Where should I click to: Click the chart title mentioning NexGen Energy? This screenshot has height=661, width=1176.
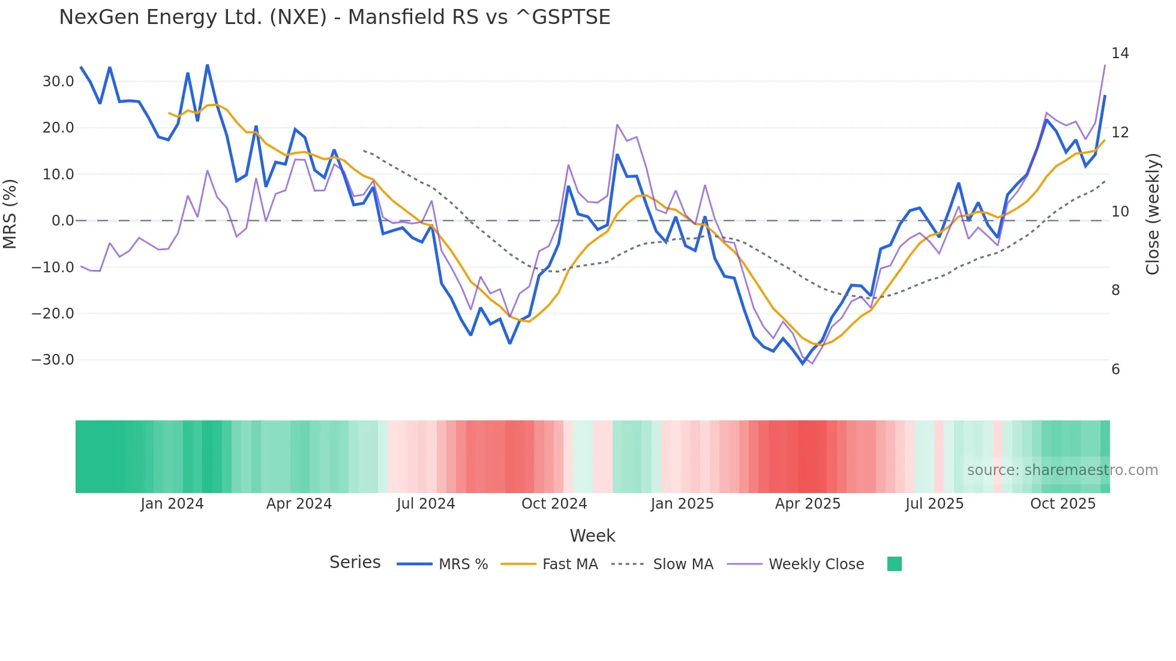pos(334,17)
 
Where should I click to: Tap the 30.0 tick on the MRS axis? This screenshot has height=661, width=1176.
pos(58,82)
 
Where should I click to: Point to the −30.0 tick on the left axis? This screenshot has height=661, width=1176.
pos(53,360)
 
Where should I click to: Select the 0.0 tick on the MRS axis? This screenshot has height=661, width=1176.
pos(62,221)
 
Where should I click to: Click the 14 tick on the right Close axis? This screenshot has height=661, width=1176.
pos(1120,53)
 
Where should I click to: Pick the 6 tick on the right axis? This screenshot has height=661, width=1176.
pos(1115,369)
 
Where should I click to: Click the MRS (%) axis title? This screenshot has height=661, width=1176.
pos(10,214)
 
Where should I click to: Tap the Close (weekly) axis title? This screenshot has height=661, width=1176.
pos(1152,214)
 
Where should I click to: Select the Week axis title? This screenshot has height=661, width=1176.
pos(592,536)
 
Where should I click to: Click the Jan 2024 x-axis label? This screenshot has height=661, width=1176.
pos(172,504)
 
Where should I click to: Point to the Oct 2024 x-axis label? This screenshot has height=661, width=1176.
pos(554,504)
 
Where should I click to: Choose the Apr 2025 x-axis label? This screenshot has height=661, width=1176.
pos(808,504)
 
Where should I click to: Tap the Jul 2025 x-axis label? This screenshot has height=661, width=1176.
pos(934,504)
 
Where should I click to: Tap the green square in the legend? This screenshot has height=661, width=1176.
pos(894,564)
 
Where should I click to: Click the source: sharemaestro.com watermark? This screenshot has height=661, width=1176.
pos(1062,470)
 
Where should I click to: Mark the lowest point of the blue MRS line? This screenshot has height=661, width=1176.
pos(803,363)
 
